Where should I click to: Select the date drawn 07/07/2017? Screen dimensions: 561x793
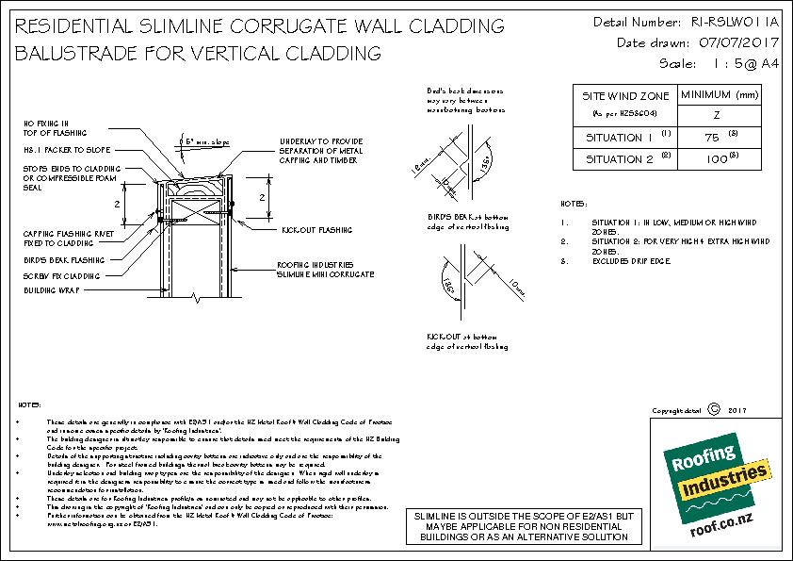(734, 42)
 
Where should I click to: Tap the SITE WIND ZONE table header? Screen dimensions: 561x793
(625, 96)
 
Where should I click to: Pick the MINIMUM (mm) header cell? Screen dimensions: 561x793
(720, 94)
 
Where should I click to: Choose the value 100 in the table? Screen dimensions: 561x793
(717, 160)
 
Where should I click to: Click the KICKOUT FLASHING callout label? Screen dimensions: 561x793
(316, 229)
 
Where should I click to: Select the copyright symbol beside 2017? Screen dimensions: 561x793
(712, 410)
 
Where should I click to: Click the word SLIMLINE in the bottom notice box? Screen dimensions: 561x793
(436, 518)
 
